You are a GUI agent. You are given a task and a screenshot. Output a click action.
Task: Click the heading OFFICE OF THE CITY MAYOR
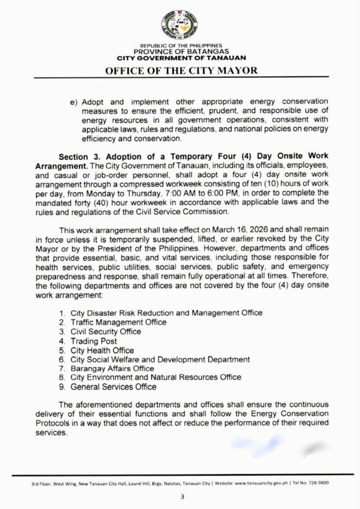click(x=180, y=70)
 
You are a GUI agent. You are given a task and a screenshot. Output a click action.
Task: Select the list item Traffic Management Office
click(x=118, y=322)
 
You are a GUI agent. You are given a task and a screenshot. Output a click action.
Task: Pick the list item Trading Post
click(x=94, y=341)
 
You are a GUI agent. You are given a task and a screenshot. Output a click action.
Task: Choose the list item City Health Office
click(x=102, y=350)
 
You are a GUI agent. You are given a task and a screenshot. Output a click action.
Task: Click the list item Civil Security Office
click(x=106, y=331)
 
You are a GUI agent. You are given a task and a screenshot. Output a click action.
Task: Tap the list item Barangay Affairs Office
click(x=112, y=368)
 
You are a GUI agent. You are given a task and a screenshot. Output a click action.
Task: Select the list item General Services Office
click(x=113, y=387)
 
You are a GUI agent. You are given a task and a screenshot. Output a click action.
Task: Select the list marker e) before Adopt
click(x=73, y=102)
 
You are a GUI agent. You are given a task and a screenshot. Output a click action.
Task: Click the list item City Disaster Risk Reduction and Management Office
click(x=166, y=312)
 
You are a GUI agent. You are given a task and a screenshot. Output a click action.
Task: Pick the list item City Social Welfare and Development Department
click(x=160, y=359)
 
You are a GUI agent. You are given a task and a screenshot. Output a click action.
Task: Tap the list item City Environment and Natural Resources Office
click(x=156, y=378)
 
